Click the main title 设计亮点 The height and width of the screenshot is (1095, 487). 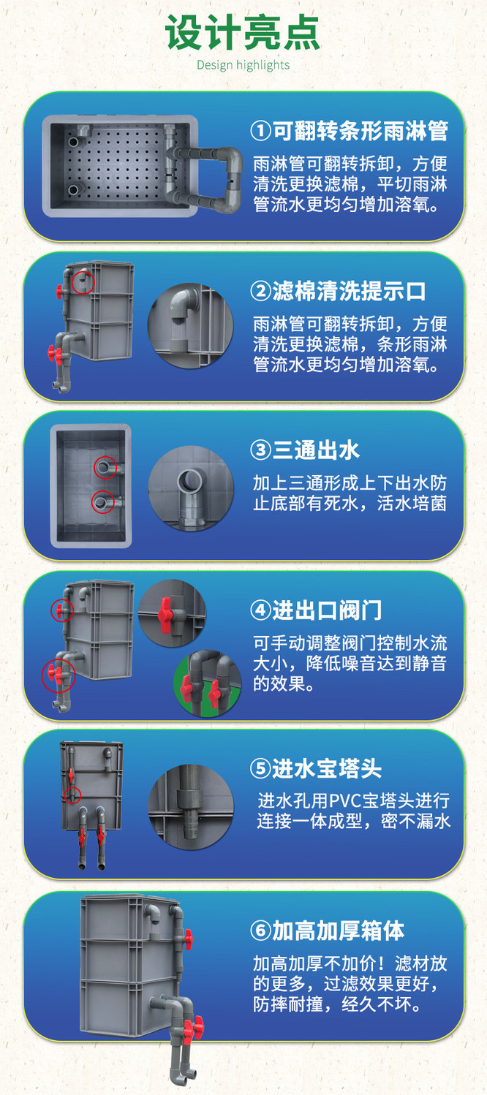243,33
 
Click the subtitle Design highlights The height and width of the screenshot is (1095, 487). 243,65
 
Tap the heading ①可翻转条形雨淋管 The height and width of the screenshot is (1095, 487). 349,131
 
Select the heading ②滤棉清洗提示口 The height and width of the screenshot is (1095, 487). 338,292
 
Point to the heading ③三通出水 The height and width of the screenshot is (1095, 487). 305,450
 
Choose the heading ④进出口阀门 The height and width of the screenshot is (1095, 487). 316,610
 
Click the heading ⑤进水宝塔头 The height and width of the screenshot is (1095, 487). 316,768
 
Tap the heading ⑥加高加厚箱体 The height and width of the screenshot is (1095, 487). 327,931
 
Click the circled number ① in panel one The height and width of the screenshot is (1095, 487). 260,131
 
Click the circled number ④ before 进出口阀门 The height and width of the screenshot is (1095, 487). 260,610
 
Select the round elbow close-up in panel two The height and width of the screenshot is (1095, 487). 191,327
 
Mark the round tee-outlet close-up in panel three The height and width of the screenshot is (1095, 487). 191,488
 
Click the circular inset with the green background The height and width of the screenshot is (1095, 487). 208,683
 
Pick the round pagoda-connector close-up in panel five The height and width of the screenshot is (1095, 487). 191,806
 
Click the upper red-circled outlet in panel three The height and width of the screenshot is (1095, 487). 105,468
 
